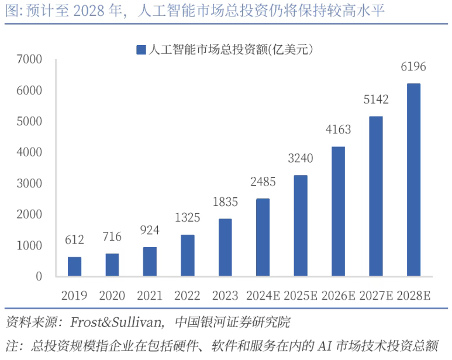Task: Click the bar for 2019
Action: pyautogui.click(x=74, y=266)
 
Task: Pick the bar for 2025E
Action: pyautogui.click(x=301, y=225)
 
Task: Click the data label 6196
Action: pyautogui.click(x=413, y=67)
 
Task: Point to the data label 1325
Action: pyautogui.click(x=187, y=218)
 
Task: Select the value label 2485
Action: pyautogui.click(x=263, y=181)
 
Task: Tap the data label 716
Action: pyautogui.click(x=112, y=236)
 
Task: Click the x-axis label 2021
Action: pyautogui.click(x=150, y=296)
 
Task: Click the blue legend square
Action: pyautogui.click(x=141, y=50)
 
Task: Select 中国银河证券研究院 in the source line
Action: pyautogui.click(x=233, y=322)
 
